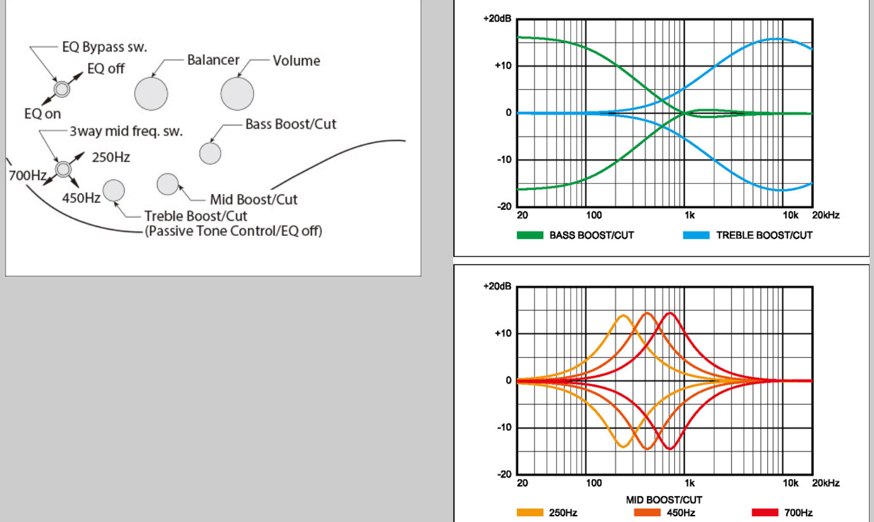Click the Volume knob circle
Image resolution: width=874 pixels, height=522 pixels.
[237, 94]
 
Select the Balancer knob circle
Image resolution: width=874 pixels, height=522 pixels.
[151, 94]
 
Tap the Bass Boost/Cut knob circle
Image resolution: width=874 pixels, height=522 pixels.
[210, 153]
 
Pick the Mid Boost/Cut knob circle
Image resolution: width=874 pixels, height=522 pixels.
[167, 183]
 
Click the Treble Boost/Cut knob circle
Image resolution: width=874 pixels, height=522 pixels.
[114, 190]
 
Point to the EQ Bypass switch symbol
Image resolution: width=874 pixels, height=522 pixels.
[61, 89]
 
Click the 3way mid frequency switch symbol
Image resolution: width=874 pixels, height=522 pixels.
[62, 168]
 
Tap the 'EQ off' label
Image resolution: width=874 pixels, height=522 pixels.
[106, 69]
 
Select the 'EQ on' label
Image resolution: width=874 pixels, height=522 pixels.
[43, 114]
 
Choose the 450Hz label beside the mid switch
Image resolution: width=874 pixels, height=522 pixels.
[81, 198]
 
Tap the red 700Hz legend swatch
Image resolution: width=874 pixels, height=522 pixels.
[765, 512]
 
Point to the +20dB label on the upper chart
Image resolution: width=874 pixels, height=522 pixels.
[496, 19]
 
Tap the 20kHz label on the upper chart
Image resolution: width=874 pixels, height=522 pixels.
[826, 216]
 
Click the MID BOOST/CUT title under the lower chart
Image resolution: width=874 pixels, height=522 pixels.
[664, 500]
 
